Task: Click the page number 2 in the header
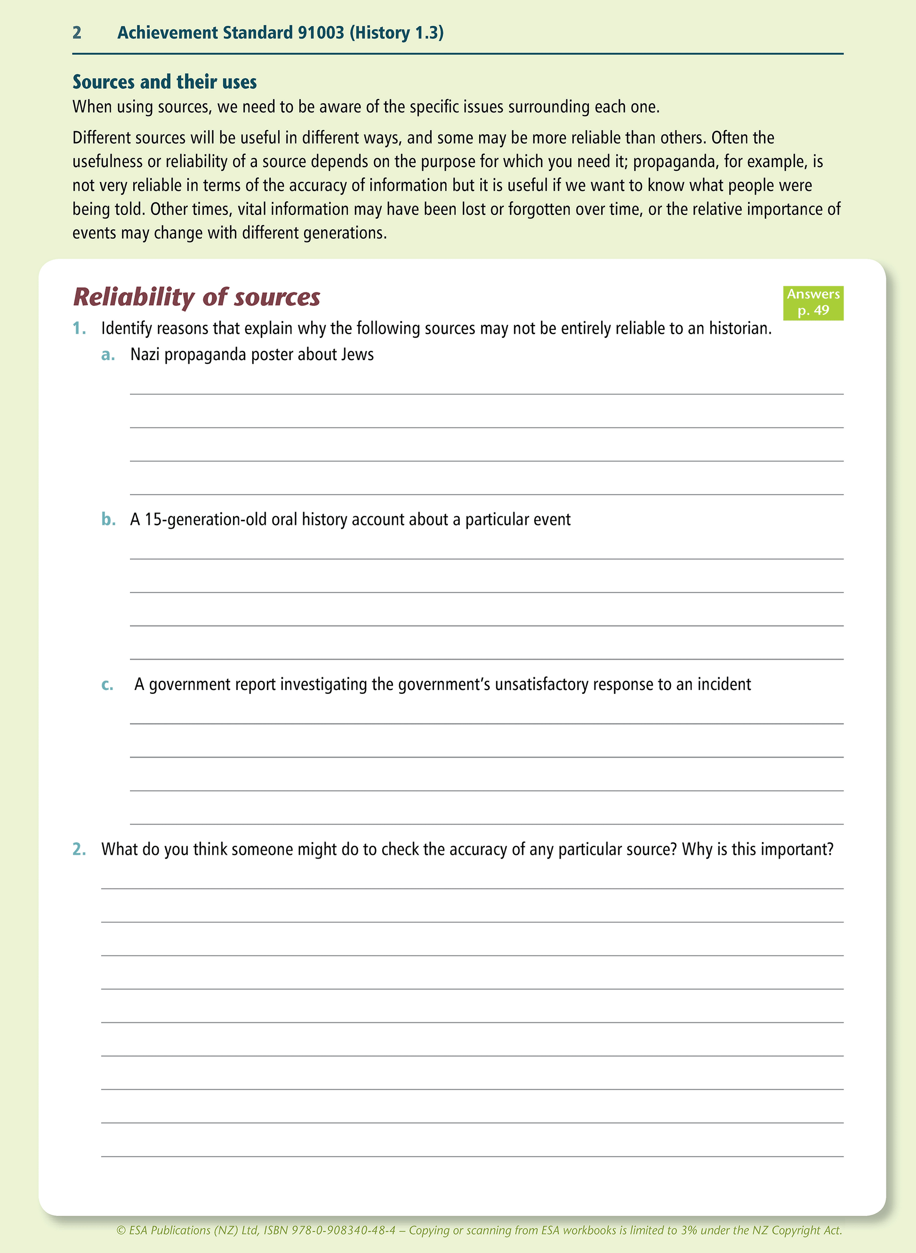(x=77, y=32)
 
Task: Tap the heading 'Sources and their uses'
(x=165, y=82)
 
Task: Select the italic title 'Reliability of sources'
(x=197, y=297)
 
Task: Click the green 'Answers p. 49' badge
(x=813, y=303)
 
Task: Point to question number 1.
(x=79, y=329)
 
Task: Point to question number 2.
(x=79, y=850)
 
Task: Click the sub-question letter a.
(x=108, y=355)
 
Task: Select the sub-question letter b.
(x=108, y=520)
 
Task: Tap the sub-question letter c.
(x=108, y=685)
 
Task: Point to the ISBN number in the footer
(x=344, y=1230)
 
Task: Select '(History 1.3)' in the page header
(x=396, y=32)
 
